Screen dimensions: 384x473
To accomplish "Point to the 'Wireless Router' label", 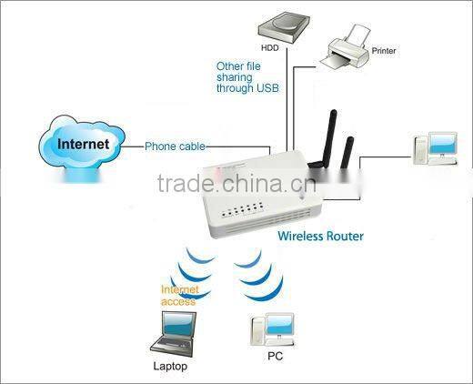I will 320,237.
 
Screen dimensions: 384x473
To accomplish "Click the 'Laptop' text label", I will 170,367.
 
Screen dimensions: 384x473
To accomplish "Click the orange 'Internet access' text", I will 178,295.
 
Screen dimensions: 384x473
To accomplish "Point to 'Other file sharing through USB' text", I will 247,77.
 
